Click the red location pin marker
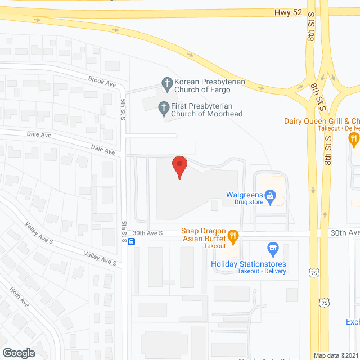pyautogui.click(x=179, y=166)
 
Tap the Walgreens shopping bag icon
pyautogui.click(x=271, y=196)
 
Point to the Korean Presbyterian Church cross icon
pyautogui.click(x=166, y=85)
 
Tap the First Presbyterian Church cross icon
pyautogui.click(x=163, y=106)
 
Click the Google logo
pyautogui.click(x=19, y=353)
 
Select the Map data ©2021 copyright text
pyautogui.click(x=335, y=355)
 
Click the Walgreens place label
pyautogui.click(x=245, y=195)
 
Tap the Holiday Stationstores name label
pyautogui.click(x=249, y=264)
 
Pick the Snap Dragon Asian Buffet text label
pyautogui.click(x=202, y=236)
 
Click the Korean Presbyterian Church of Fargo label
pyautogui.click(x=210, y=85)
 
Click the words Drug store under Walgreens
pyautogui.click(x=249, y=202)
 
